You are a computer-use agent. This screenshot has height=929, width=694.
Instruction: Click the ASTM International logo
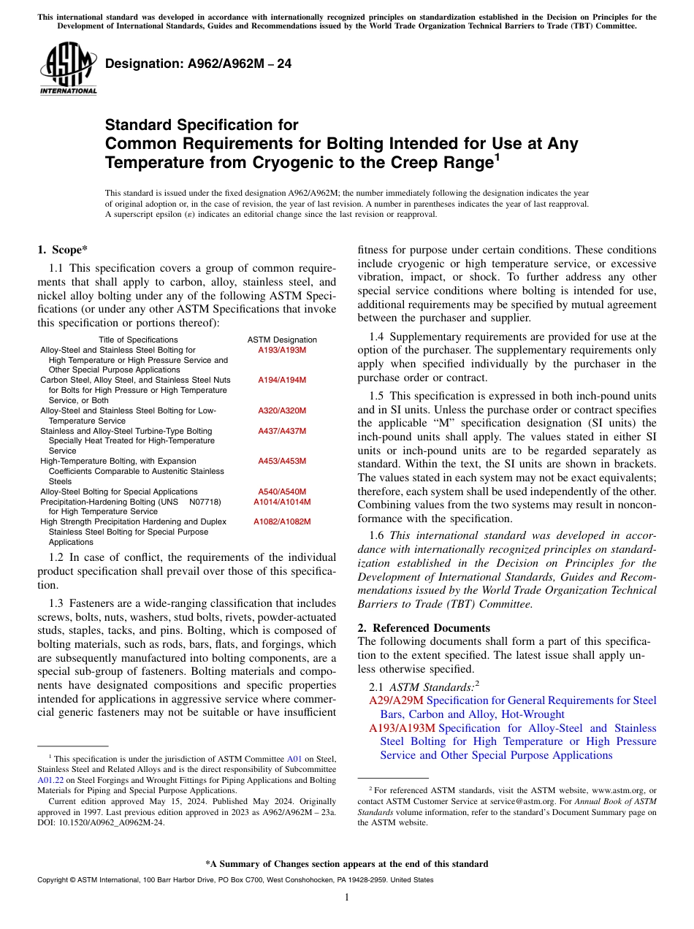pos(68,69)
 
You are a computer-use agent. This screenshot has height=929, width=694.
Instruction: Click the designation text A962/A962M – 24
pos(198,64)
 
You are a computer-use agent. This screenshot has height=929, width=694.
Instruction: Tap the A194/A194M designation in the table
pos(282,381)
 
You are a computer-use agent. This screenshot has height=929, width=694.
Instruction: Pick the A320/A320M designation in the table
pos(282,411)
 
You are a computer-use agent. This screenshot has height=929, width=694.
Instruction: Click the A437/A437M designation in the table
pos(282,431)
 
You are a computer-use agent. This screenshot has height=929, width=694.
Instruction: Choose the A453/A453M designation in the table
pos(282,462)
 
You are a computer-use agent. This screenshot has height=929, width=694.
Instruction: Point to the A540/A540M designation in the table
pos(282,492)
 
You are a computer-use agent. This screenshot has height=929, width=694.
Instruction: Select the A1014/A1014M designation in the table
pos(282,502)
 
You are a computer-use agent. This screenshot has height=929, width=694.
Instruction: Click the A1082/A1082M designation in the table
pos(282,522)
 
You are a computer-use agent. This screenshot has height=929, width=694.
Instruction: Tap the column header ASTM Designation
pos(282,340)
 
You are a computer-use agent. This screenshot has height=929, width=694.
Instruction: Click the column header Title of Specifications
pos(138,340)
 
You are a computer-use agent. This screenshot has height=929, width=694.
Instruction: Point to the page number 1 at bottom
pos(347,897)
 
